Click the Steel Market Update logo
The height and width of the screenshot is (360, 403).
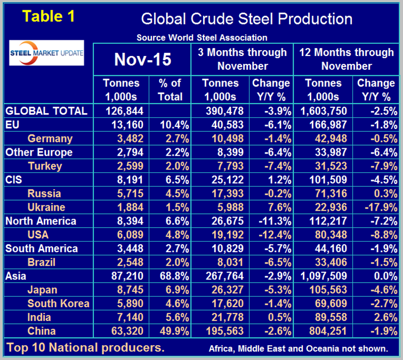pyautogui.click(x=47, y=52)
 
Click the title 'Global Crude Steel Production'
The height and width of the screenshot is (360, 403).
pyautogui.click(x=246, y=19)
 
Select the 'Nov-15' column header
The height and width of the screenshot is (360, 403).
pyautogui.click(x=142, y=60)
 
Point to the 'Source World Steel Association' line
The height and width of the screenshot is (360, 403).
pyautogui.click(x=201, y=38)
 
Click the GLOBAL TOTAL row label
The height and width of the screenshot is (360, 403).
pyautogui.click(x=46, y=111)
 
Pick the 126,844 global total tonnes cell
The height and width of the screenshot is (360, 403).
pyautogui.click(x=123, y=111)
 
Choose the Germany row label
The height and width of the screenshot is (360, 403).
pyautogui.click(x=50, y=139)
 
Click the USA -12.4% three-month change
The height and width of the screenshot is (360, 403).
pyautogui.click(x=272, y=235)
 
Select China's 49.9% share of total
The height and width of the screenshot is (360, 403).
pyautogui.click(x=170, y=331)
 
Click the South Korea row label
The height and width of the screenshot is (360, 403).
pyautogui.click(x=59, y=303)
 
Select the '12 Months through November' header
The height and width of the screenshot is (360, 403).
pyautogui.click(x=346, y=59)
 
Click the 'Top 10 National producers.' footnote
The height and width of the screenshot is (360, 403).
pyautogui.click(x=86, y=348)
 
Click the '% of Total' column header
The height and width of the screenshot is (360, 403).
pyautogui.click(x=170, y=90)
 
